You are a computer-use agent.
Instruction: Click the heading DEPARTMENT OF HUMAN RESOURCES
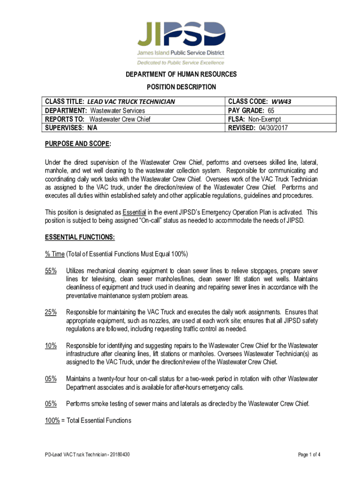(x=180, y=74)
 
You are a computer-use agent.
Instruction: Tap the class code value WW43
(x=285, y=102)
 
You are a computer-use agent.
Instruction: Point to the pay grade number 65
(x=271, y=110)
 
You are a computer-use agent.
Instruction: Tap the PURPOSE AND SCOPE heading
(x=78, y=144)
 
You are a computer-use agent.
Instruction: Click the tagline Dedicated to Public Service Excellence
(x=180, y=62)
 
